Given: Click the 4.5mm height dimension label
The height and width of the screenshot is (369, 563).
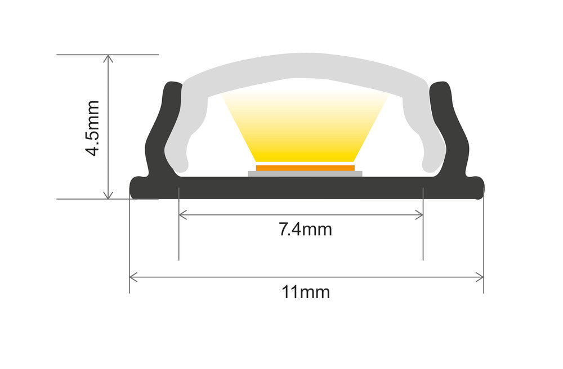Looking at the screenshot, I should pos(91,128).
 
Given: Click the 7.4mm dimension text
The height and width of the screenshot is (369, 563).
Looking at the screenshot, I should pos(305,229).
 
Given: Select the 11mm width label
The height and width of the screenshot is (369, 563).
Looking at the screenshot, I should pos(306,292).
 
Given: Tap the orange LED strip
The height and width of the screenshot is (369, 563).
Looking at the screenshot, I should pos(305,168).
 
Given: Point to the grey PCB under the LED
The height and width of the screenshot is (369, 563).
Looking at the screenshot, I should pos(305,173).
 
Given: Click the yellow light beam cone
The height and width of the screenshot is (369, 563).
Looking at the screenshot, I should pos(305,127).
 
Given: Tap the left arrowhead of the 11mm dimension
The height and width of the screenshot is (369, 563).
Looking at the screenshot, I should pos(133,277).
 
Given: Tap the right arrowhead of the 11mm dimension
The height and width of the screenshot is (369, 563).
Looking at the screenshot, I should pos(480,277).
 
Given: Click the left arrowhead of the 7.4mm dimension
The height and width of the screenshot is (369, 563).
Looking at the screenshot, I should pos(182,214).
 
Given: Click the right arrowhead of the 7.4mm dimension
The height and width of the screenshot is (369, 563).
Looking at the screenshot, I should pos(419,214).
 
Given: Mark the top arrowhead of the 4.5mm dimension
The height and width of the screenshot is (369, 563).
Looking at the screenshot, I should pos(109,58).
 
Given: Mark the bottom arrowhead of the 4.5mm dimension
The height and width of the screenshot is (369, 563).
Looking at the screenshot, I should pos(109,195).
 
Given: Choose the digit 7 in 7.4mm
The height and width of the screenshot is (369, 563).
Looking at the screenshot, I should pos(284,229).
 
